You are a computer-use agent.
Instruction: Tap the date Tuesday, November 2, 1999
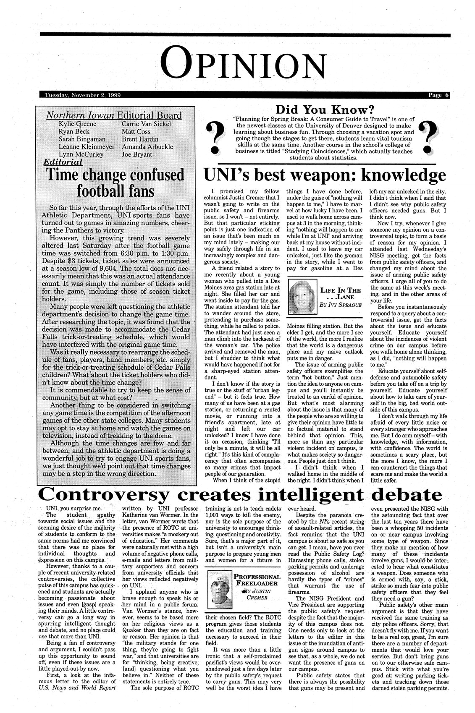click(83, 95)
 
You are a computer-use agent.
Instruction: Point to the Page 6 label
click(438, 95)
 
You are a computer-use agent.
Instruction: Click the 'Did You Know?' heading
click(325, 110)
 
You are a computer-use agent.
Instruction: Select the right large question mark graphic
click(429, 137)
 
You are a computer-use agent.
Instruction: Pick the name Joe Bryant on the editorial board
click(137, 154)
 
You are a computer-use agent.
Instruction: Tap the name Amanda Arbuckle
click(147, 146)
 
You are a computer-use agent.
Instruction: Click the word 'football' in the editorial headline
click(101, 191)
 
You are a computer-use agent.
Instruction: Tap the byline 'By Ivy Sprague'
click(341, 304)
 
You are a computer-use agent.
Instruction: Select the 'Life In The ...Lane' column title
click(341, 293)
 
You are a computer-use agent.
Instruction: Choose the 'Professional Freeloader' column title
click(257, 580)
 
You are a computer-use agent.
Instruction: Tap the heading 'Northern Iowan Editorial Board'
click(114, 115)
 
